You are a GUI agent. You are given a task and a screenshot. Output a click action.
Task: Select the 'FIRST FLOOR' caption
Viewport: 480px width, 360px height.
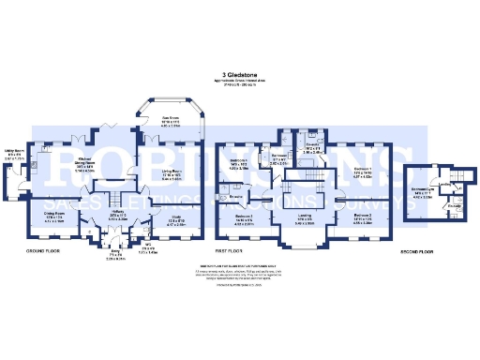(230, 252)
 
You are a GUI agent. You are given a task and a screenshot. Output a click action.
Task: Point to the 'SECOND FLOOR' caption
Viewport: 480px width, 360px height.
(421, 252)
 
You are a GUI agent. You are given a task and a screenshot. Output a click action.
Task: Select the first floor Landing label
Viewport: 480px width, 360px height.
(304, 220)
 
